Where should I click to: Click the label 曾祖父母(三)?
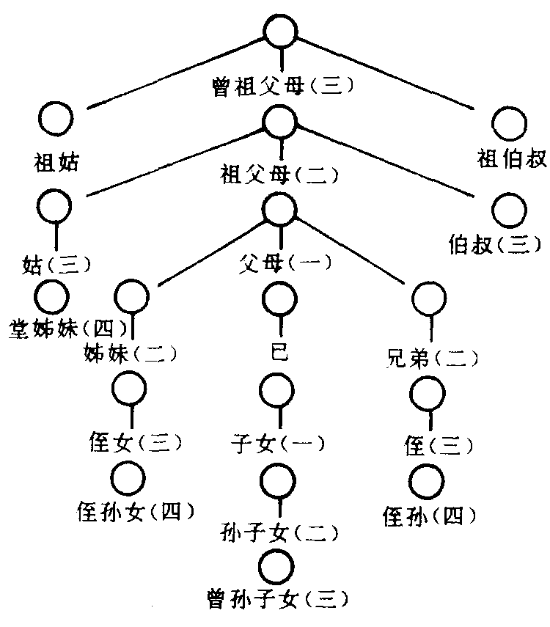tap(281, 87)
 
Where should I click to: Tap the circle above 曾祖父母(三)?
tap(281, 32)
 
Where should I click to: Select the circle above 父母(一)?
tap(280, 209)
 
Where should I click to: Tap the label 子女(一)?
tap(276, 443)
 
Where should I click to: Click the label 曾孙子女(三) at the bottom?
tap(276, 601)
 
